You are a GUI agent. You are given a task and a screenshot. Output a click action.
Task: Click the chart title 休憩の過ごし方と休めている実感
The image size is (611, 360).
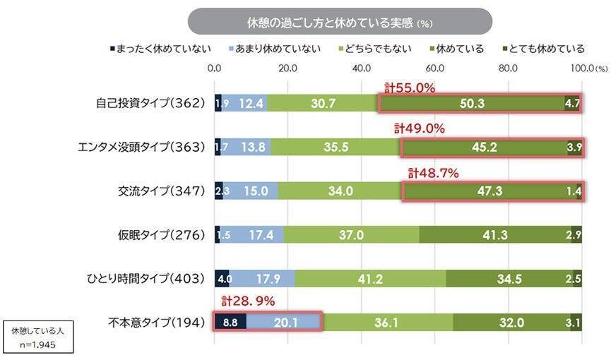(x=339, y=21)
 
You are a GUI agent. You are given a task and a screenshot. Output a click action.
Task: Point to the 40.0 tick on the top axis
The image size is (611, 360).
(x=361, y=68)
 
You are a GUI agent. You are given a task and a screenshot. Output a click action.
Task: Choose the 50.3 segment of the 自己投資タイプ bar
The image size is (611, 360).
(x=472, y=103)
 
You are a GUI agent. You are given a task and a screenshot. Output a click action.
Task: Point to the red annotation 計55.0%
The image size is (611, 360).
(x=410, y=88)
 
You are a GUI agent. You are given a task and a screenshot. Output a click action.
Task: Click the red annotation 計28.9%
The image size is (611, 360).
(x=247, y=301)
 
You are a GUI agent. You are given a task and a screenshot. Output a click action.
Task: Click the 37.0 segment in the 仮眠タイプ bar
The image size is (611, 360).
(x=351, y=234)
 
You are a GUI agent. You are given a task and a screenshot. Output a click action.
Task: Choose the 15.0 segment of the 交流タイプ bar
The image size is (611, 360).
(x=251, y=191)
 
